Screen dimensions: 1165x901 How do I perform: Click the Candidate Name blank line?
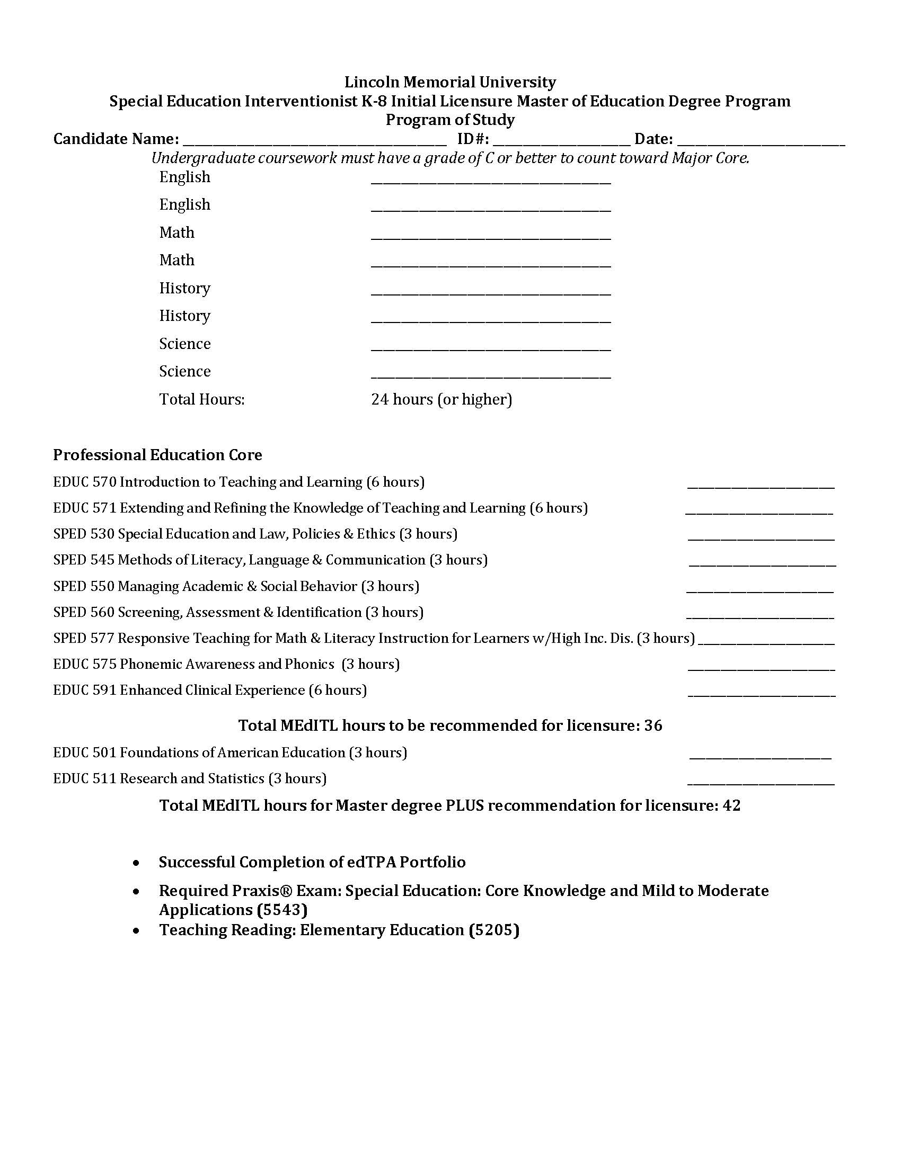tap(314, 141)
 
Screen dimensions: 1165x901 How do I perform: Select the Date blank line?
tap(761, 141)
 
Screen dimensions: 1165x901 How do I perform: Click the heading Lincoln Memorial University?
tap(450, 82)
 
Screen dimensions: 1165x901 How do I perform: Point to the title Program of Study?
tap(450, 120)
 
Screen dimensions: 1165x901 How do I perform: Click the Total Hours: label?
tap(202, 399)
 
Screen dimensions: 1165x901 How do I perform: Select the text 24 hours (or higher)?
tap(441, 399)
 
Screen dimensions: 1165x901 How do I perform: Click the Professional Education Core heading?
tap(157, 455)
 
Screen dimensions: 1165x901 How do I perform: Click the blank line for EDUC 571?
tap(758, 511)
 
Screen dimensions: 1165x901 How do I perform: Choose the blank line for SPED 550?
tap(759, 589)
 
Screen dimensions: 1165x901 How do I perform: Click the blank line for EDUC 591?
tap(762, 694)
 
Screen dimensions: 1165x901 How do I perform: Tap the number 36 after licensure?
tap(653, 725)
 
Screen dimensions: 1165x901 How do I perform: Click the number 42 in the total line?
tap(731, 805)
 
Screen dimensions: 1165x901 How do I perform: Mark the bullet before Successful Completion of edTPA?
tap(138, 863)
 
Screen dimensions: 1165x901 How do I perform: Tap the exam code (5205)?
tap(494, 930)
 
